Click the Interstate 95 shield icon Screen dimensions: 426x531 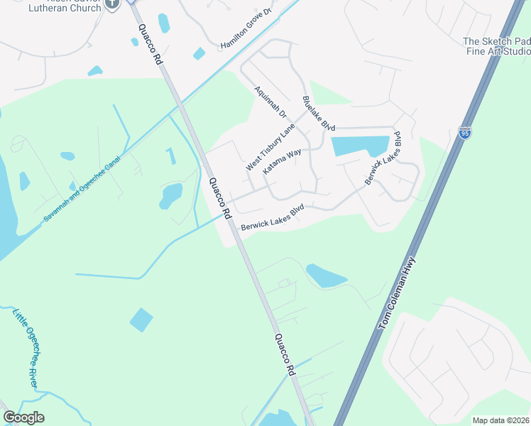point(464,133)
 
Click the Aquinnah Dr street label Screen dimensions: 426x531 point(270,102)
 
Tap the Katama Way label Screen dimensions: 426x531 point(282,161)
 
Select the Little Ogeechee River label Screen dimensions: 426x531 point(25,346)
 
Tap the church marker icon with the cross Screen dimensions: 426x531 point(111,4)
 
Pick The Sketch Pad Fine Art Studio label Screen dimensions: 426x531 point(496,47)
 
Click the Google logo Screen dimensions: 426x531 point(23,417)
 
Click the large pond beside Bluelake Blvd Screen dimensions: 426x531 point(358,146)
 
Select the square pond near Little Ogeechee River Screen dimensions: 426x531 point(141,320)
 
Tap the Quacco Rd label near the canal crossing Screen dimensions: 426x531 point(219,198)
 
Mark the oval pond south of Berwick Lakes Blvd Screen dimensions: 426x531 point(326,275)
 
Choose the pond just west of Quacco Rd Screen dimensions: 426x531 point(172,195)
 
